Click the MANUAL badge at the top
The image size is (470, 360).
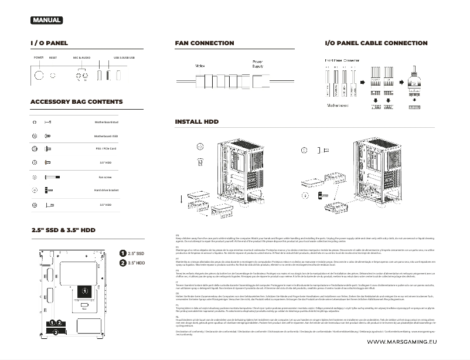point(46,21)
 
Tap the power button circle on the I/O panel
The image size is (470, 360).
point(39,76)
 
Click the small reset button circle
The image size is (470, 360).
point(53,76)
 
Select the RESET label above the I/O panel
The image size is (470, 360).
point(53,58)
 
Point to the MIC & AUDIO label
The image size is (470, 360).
point(81,58)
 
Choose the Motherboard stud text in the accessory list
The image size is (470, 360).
point(107,122)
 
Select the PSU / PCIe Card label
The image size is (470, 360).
point(106,149)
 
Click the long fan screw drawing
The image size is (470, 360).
point(52,177)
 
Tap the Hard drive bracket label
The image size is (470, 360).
point(106,191)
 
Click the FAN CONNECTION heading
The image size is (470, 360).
point(204,43)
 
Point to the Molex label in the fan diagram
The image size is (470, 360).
point(199,66)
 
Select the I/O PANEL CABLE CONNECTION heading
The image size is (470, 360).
point(376,43)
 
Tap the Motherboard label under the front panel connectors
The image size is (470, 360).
point(336,106)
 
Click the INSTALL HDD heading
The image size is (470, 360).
point(196,122)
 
